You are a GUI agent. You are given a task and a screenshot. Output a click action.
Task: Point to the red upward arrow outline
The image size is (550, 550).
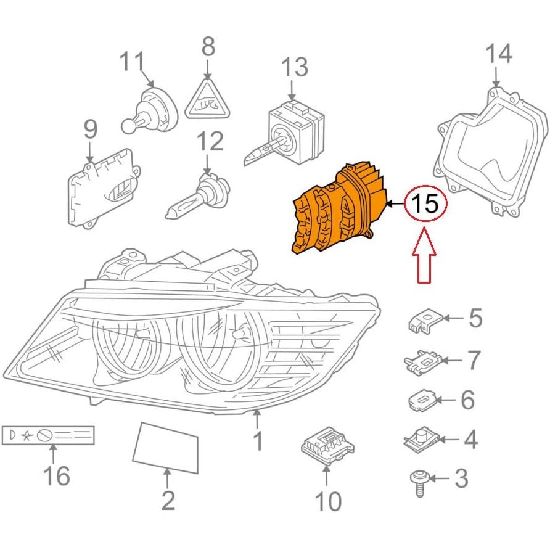tap(424, 255)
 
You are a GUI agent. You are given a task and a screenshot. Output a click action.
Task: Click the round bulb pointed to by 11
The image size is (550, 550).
tap(150, 110)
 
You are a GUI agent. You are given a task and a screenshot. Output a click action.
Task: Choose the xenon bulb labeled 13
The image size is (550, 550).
tap(284, 133)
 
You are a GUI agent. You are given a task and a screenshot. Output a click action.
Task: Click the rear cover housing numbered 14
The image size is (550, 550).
tap(491, 152)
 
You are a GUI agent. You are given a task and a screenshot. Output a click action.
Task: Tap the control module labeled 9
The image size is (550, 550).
tap(104, 189)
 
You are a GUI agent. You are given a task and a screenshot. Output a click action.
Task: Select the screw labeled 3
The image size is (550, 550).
tap(419, 483)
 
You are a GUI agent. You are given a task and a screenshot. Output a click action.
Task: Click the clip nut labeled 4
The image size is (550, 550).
tap(420, 440)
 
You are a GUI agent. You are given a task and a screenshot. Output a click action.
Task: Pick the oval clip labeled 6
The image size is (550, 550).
tap(422, 400)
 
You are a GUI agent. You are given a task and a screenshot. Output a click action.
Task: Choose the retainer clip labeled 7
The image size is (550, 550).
tap(422, 361)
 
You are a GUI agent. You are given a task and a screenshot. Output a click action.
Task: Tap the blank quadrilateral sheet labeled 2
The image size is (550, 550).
tap(165, 448)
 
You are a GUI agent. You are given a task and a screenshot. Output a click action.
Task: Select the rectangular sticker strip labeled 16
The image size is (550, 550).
tap(48, 435)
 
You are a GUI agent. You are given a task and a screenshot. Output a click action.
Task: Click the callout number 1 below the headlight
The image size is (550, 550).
tap(258, 441)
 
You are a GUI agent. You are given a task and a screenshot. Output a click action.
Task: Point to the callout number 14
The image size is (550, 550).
tap(499, 54)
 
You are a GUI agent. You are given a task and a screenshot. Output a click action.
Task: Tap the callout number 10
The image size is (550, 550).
tap(328, 501)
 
